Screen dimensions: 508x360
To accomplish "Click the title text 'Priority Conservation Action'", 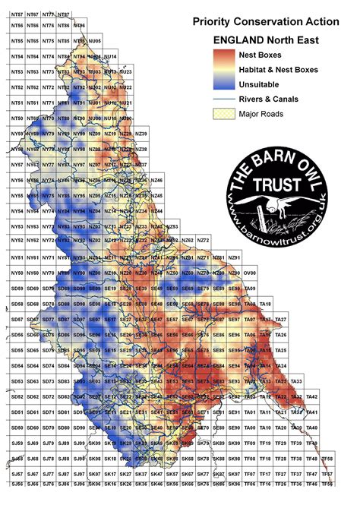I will tap(267, 24).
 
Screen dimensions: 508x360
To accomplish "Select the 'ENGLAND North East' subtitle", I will tap(266, 40).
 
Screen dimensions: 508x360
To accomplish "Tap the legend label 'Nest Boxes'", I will tap(260, 55).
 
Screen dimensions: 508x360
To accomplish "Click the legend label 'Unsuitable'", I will tap(259, 84).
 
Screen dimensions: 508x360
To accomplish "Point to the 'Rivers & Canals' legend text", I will tap(267, 99).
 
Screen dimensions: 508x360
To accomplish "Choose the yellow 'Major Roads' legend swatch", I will tap(222, 114).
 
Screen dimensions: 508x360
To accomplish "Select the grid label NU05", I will tap(94, 41).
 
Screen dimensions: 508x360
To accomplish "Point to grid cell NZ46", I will tap(156, 180).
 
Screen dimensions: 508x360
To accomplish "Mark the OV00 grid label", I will tap(250, 273).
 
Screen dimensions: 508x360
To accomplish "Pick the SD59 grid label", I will tap(17, 289).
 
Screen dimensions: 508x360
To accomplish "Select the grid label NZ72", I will tap(204, 241).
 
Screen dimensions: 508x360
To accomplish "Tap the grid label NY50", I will tap(17, 273).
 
